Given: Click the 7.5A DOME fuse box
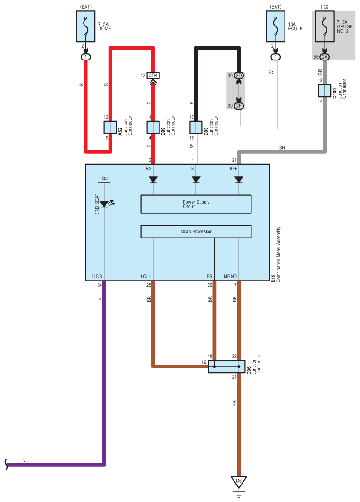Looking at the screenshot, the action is tap(85, 26).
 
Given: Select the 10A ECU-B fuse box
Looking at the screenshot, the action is tap(276, 26).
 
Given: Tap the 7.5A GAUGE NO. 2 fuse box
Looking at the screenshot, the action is tap(325, 26).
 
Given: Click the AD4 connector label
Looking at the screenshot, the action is tap(153, 75).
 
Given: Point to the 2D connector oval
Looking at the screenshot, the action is tap(239, 75).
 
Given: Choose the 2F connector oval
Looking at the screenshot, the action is tap(239, 106).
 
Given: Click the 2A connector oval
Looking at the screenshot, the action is tap(325, 57).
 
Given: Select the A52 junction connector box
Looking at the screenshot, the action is tap(110, 128).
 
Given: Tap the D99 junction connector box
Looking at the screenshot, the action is tap(153, 128).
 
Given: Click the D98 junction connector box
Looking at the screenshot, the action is tap(196, 128).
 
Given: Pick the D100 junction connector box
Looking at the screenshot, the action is tap(325, 91).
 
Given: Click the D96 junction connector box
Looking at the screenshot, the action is tap(226, 366).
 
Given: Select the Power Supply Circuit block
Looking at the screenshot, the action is tap(196, 204).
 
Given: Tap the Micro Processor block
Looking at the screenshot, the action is tap(196, 231).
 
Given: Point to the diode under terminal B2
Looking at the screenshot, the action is tap(153, 179).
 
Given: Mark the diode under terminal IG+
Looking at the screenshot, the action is tap(239, 179).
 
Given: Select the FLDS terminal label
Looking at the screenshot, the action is tap(97, 276).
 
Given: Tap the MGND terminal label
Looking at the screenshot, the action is tap(230, 276).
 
